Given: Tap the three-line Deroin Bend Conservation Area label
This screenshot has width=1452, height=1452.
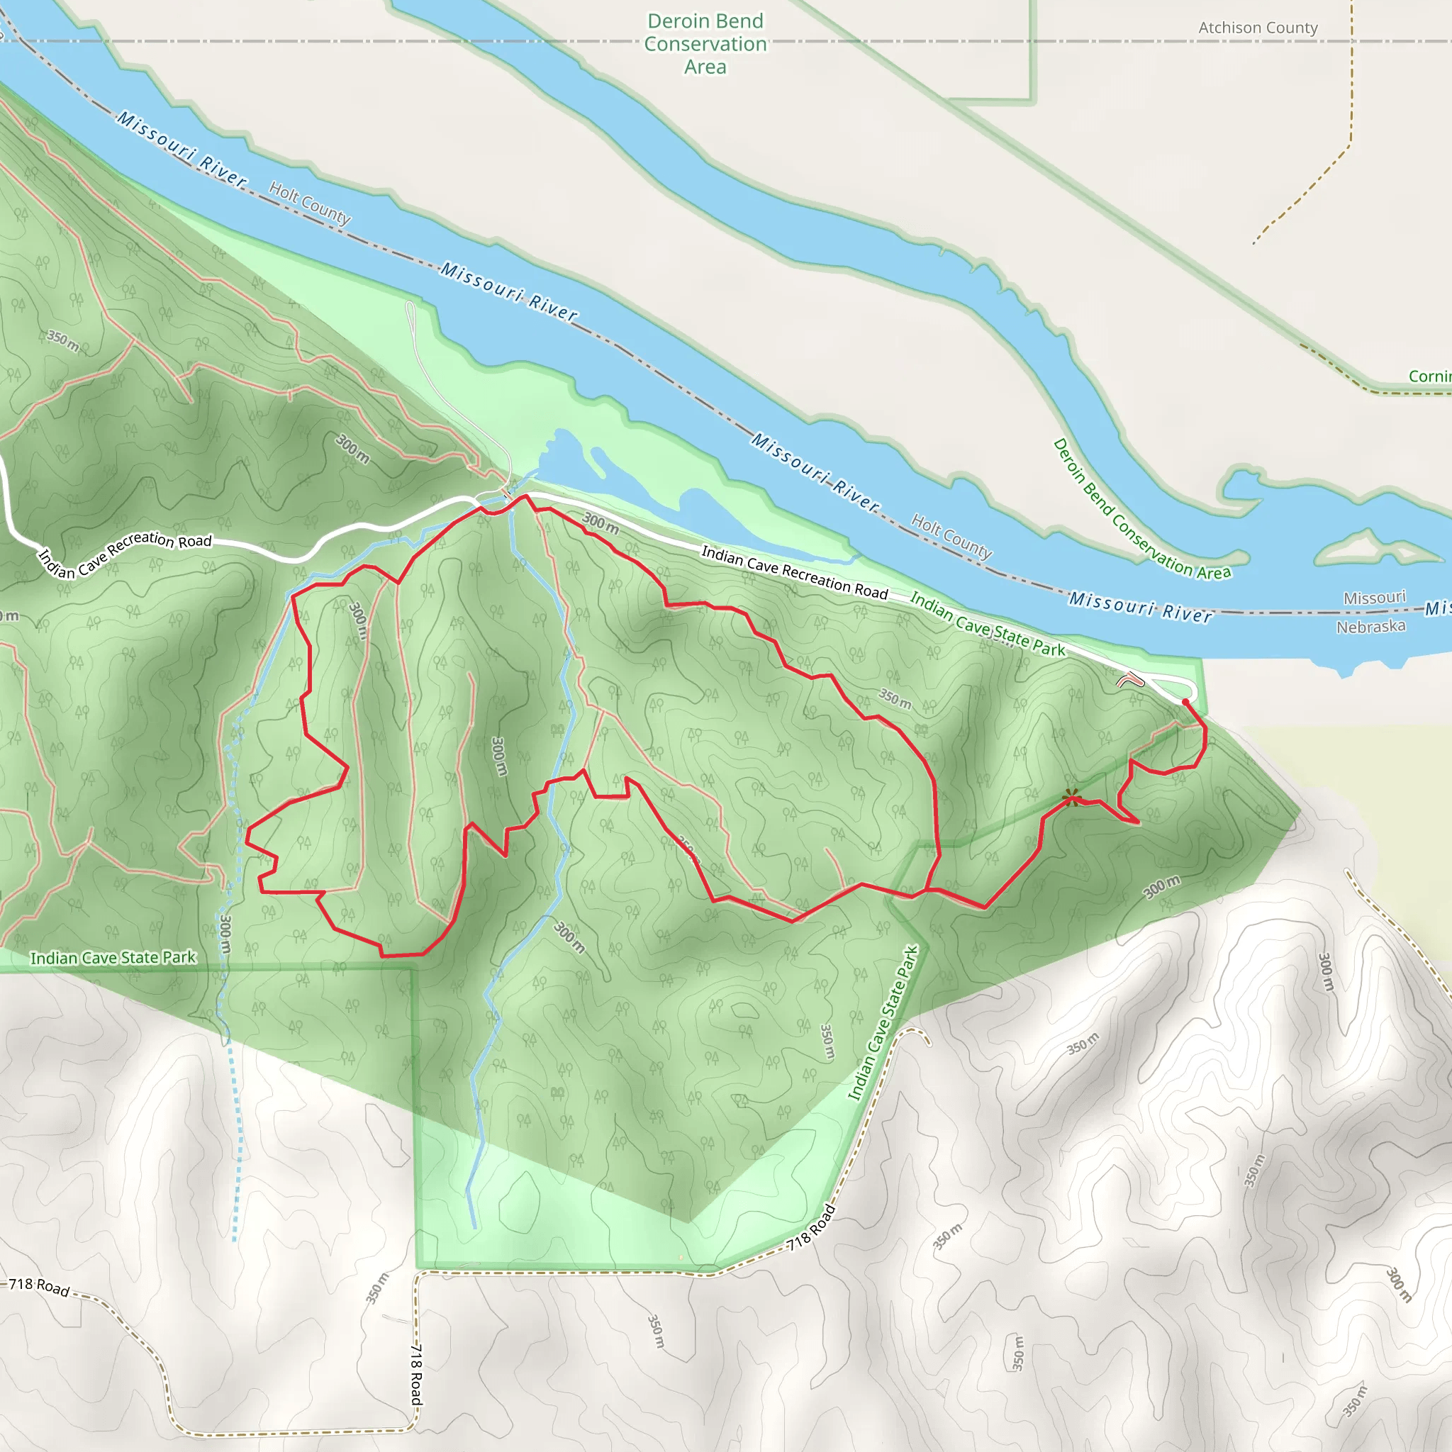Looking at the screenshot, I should point(705,43).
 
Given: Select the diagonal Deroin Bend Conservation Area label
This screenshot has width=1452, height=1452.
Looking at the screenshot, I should point(1141,510).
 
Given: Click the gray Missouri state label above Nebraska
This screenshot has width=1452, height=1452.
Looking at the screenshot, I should point(1374,598).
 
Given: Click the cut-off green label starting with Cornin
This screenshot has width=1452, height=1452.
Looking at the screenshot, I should point(1429,376).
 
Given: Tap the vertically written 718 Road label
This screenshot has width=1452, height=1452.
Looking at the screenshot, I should point(416,1374).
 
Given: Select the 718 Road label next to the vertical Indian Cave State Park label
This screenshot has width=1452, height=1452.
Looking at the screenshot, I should point(811,1228).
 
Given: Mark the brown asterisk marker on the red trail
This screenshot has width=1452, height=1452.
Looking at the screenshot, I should point(1072,798).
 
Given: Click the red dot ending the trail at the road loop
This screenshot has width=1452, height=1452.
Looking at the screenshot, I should point(1185,702).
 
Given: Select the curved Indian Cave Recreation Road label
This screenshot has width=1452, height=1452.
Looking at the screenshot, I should point(124,553).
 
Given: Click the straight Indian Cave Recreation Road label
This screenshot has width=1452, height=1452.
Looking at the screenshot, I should point(794,573).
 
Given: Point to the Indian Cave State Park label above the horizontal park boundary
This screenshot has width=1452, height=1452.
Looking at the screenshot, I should point(113,957).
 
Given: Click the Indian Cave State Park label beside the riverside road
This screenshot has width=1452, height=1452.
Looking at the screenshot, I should point(987,624).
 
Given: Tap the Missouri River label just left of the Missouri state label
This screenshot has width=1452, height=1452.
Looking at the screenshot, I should point(1140,606).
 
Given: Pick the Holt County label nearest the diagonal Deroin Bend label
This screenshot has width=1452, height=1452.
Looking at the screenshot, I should point(951,536).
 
